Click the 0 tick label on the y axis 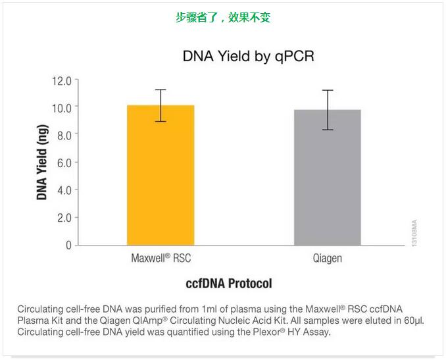coord(68,245)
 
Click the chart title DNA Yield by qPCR coord(248,57)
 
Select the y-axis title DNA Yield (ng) coord(43,161)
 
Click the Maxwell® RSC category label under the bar coord(161,257)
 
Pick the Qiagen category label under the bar coord(327,257)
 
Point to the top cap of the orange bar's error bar coord(161,90)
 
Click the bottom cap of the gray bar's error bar coord(327,130)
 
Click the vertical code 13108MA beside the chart coord(414,234)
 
